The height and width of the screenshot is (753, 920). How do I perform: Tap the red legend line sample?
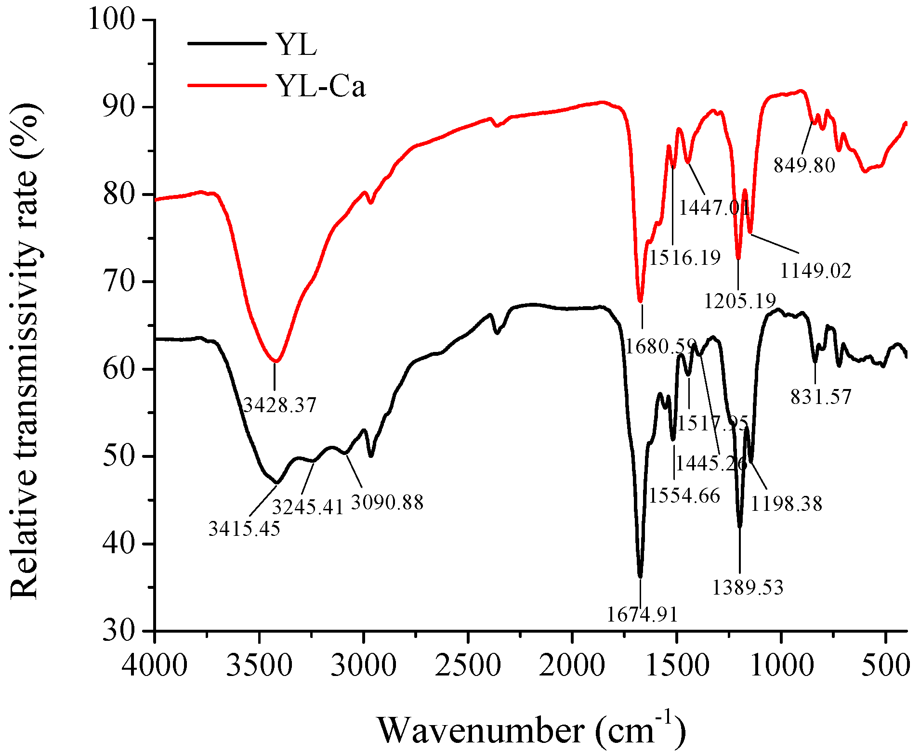pos(226,85)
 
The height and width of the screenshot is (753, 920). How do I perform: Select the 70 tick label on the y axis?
pos(118,282)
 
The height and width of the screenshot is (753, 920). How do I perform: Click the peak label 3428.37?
pos(279,405)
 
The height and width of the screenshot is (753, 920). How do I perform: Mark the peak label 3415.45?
pos(244,529)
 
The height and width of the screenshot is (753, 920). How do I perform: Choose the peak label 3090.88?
pos(387,502)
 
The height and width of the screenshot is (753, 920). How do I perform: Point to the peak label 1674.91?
pos(642,614)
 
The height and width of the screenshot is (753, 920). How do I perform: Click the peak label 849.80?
pos(804,165)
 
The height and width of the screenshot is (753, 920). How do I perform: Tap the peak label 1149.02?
pos(815,271)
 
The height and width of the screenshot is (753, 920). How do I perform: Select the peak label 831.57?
pos(821,397)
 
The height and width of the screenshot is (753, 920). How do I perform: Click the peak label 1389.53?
pos(748,587)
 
